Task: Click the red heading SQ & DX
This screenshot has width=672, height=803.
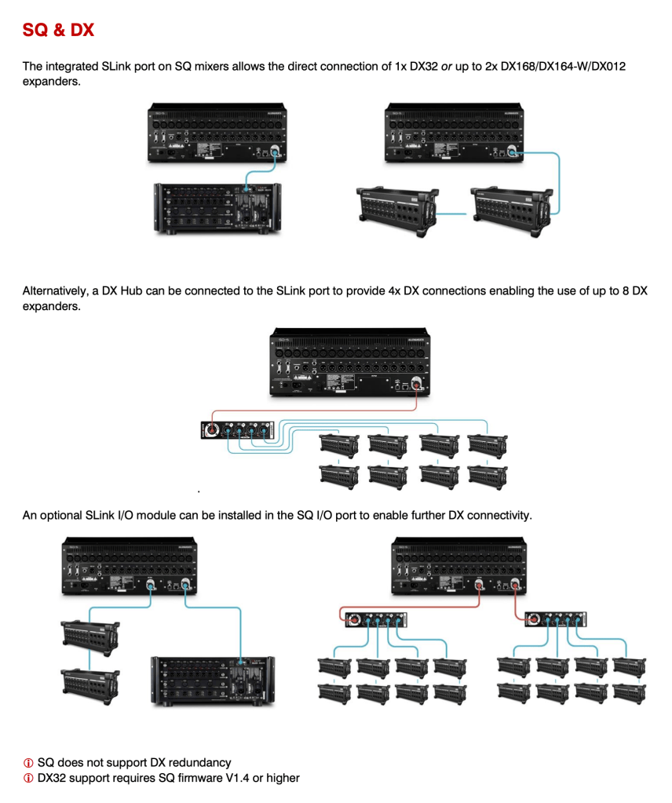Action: tap(58, 31)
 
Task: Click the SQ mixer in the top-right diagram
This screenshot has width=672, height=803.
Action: tap(451, 133)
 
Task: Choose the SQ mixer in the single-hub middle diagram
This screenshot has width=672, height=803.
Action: tap(349, 360)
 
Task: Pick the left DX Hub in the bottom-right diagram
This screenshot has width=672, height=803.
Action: tap(377, 619)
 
